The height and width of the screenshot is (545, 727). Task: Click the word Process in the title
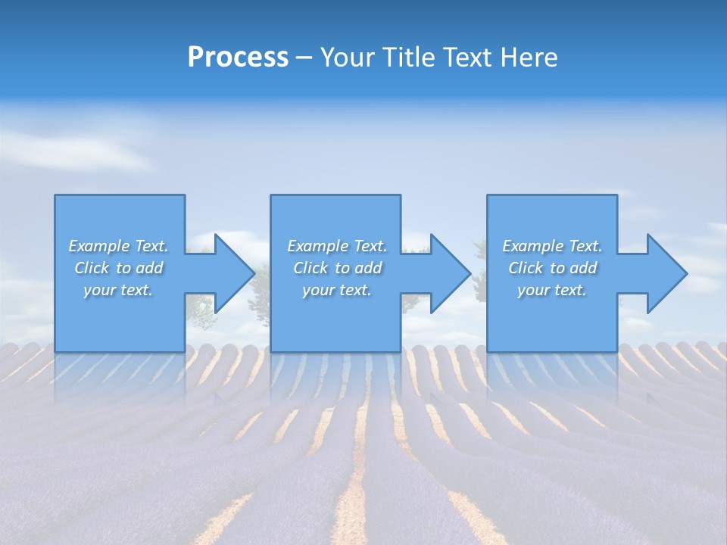point(238,58)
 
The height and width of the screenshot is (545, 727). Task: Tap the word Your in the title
point(345,58)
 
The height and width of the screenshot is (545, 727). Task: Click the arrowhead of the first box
point(232,273)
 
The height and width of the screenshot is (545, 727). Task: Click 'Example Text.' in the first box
point(118,246)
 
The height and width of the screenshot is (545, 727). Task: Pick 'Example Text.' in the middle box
point(337,246)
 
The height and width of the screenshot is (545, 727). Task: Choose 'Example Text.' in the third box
point(552,246)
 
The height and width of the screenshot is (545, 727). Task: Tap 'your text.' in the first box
point(118,290)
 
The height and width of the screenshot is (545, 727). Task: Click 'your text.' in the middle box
point(337,290)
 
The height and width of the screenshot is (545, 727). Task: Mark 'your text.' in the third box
point(552,290)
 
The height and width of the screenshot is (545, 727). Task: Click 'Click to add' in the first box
point(118,268)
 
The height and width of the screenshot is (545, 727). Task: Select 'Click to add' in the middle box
point(337,268)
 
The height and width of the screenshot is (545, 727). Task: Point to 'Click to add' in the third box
point(552,268)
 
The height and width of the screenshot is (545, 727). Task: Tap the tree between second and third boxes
point(479,284)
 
